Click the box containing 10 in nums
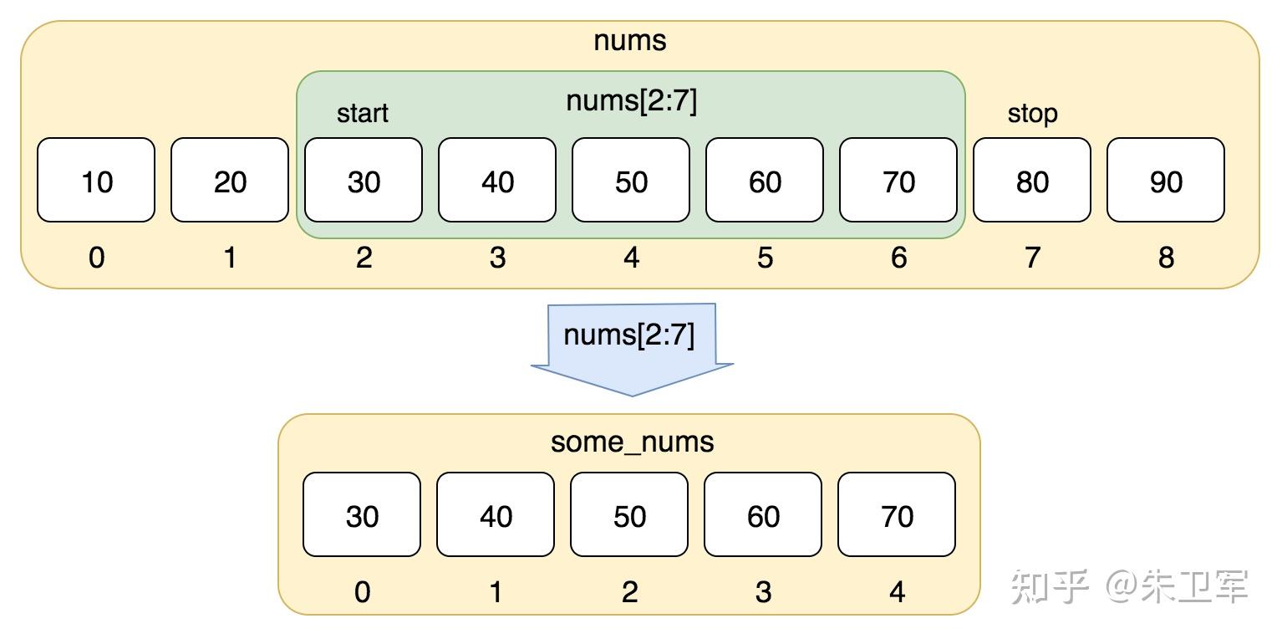(x=96, y=180)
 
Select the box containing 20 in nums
(x=230, y=180)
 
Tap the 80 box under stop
(x=1032, y=180)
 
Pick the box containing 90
(x=1166, y=180)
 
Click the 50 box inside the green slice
(x=631, y=180)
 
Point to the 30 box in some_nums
(x=362, y=514)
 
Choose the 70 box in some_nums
(x=896, y=514)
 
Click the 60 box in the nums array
(x=765, y=180)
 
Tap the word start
(x=362, y=113)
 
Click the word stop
(x=1032, y=114)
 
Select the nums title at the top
(x=630, y=41)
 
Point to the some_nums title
(x=632, y=442)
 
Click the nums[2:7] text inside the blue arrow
(x=629, y=335)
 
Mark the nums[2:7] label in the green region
(x=631, y=101)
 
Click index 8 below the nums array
(x=1166, y=258)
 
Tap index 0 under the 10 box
(x=97, y=258)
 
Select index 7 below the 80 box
(x=1032, y=258)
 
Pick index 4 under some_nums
(x=897, y=592)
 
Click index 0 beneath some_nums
(x=362, y=592)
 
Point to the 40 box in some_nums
(x=496, y=514)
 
